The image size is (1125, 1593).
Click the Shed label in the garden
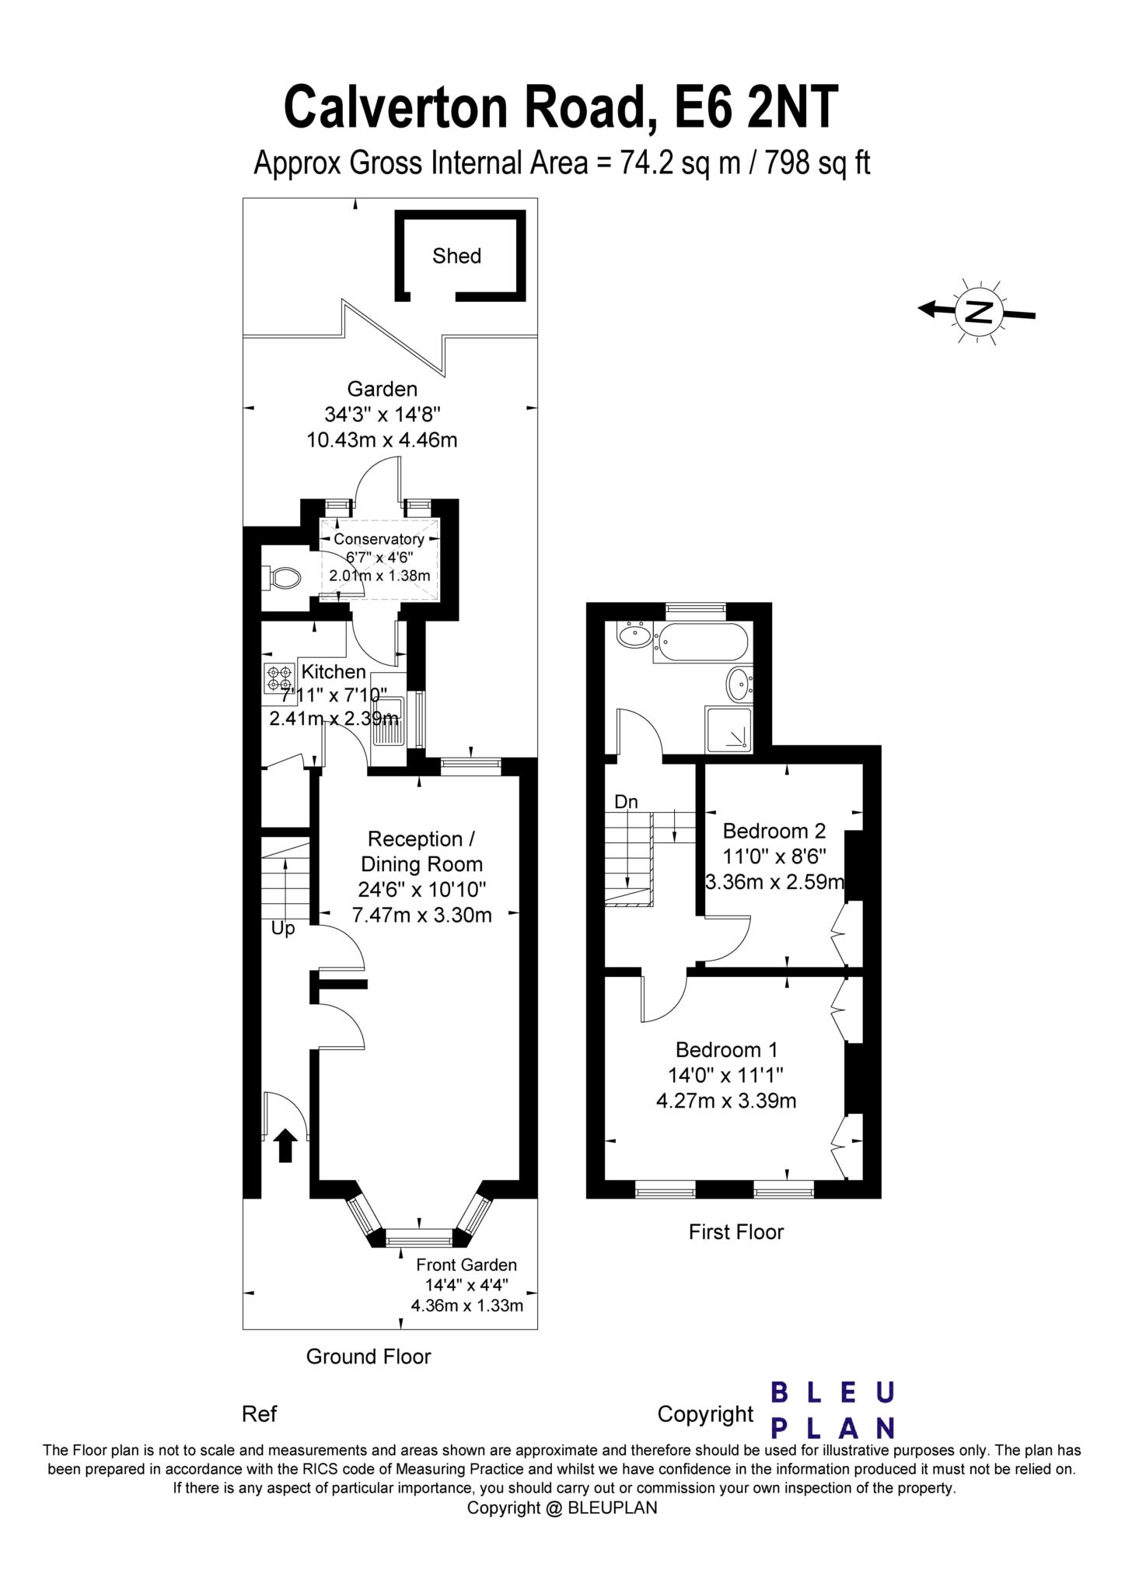456,256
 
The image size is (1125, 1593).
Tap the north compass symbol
979,311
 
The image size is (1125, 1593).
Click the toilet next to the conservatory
282,577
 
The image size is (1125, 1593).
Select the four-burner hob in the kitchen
278,678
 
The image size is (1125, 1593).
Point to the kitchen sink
387,713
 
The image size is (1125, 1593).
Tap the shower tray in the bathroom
728,730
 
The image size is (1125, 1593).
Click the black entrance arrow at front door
285,1145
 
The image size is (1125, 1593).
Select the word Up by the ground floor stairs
283,929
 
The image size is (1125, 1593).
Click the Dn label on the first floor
626,801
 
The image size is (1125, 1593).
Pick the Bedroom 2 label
774,831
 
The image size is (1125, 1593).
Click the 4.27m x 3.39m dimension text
726,1101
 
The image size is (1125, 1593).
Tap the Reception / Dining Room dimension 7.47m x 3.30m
421,916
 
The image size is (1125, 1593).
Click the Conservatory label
379,539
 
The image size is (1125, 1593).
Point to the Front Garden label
466,1265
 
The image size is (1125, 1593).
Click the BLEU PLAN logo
832,1410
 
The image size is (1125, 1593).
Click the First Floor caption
735,1232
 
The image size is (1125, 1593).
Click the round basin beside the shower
739,684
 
